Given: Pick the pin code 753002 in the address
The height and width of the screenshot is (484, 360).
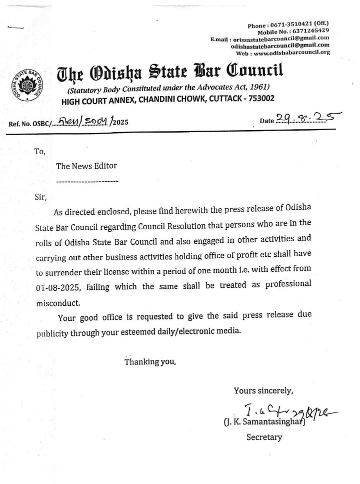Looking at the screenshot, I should [258, 99].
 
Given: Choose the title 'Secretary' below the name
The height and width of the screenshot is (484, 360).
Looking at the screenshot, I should [264, 437].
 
